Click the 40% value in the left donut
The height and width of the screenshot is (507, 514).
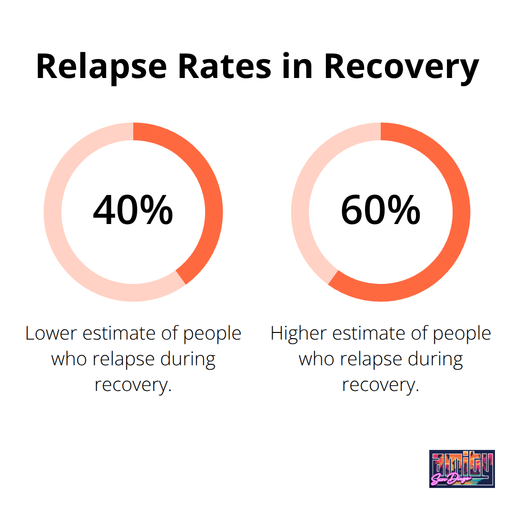pyautogui.click(x=133, y=210)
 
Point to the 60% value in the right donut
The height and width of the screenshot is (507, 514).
pyautogui.click(x=380, y=210)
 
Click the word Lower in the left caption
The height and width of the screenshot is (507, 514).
pyautogui.click(x=51, y=333)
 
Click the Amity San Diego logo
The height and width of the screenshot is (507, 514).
pyautogui.click(x=462, y=468)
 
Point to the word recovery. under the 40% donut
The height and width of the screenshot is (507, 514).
pyautogui.click(x=133, y=385)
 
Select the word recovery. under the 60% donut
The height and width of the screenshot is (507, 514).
pyautogui.click(x=380, y=385)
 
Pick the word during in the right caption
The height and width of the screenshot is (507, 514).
pyautogui.click(x=435, y=359)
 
